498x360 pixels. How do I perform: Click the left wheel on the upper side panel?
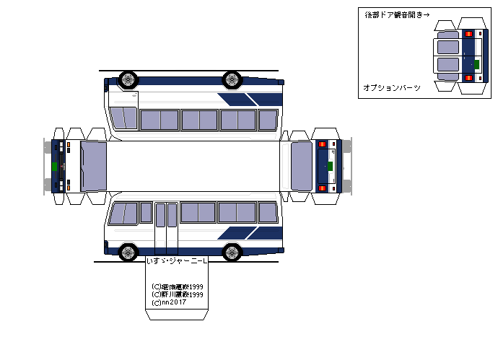(128, 79)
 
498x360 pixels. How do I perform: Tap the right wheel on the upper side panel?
(232, 79)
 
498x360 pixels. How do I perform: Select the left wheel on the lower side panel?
(128, 252)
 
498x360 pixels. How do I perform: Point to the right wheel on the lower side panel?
(232, 252)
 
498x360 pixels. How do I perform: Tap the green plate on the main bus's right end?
(331, 166)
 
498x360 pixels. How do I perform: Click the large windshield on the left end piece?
(93, 166)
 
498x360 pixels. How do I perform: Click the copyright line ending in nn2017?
(170, 302)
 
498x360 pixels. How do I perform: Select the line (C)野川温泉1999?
(178, 294)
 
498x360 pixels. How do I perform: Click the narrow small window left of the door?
(146, 212)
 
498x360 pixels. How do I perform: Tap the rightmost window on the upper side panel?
(268, 119)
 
